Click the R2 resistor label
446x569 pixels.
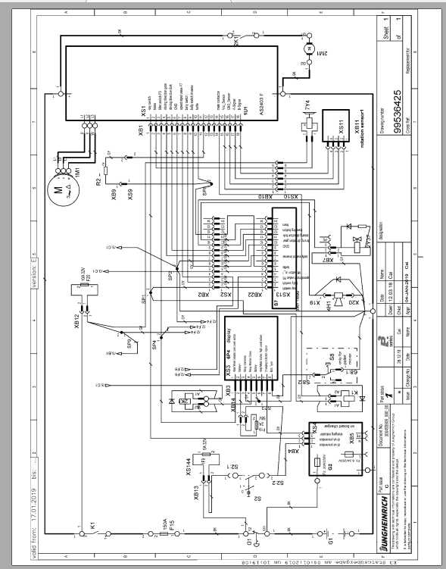click(98, 181)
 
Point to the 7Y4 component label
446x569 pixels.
click(307, 107)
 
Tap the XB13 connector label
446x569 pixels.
click(196, 492)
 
